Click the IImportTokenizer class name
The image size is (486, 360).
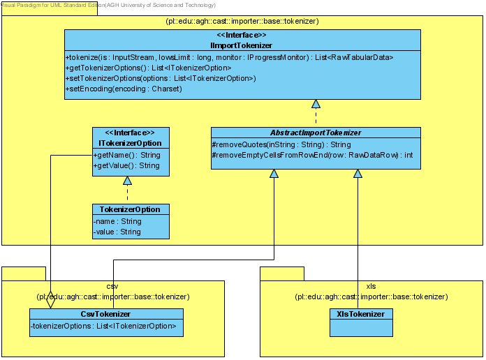241,45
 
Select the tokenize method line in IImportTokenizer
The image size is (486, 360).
229,57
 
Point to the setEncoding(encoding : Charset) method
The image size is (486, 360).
124,89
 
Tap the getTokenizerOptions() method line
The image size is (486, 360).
149,68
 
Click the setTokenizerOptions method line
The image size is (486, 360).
161,78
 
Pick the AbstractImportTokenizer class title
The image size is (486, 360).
316,133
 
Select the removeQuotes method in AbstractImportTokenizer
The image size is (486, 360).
281,144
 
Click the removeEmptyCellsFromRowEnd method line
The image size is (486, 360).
312,155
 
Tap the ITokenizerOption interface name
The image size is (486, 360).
130,143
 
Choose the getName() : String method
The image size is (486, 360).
127,155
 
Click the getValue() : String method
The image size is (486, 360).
126,165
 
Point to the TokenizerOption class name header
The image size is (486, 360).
130,209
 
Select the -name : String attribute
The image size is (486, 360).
117,221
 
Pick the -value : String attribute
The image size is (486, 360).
117,232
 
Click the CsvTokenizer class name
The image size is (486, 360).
105,314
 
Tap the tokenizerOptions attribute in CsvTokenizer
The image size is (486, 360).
103,326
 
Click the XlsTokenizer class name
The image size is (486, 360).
361,314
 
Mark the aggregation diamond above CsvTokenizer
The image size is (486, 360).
50,299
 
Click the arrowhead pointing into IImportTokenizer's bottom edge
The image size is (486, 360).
316,104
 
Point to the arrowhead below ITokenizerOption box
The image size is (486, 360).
127,180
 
